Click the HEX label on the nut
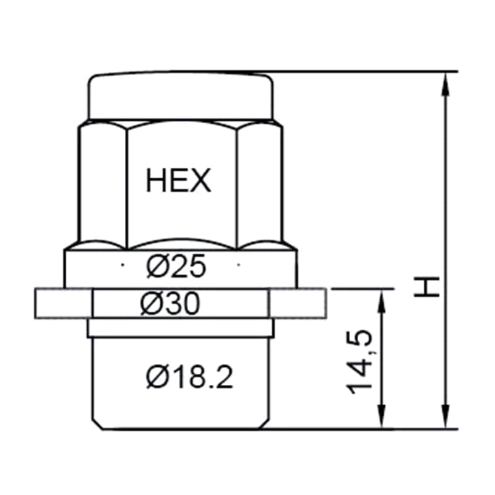tap(178, 180)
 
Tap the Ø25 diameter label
tap(176, 266)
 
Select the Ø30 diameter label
tap(170, 303)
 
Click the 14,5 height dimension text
tap(359, 362)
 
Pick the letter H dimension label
tap(427, 286)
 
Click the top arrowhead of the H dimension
tap(445, 84)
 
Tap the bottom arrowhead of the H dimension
tap(445, 417)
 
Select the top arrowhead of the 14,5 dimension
tap(382, 301)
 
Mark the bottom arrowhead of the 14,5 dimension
tap(382, 417)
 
